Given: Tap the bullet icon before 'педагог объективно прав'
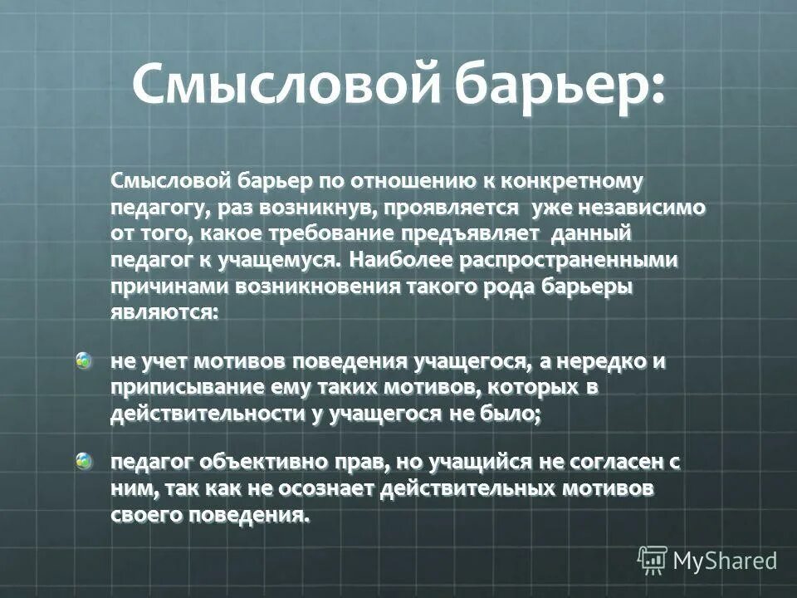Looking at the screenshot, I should [85, 462].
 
